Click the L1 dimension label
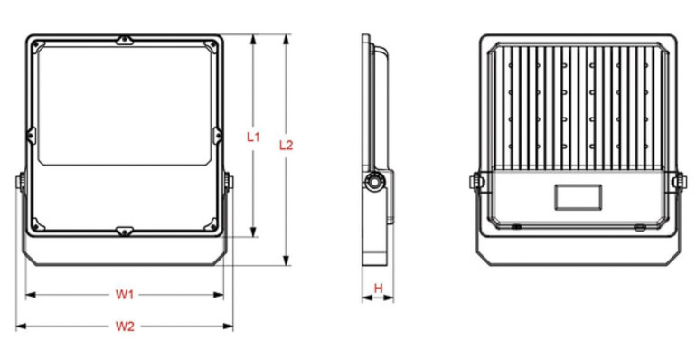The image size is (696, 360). [x=253, y=137]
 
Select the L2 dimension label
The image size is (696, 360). [x=286, y=145]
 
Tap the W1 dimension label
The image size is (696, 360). [x=125, y=294]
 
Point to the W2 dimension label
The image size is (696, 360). [x=125, y=327]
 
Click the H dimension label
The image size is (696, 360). [x=378, y=289]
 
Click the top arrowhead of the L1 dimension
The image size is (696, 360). [x=253, y=39]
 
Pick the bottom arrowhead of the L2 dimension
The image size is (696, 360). [x=287, y=261]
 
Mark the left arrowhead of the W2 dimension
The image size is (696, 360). [x=21, y=327]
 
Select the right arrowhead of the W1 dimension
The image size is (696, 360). [x=219, y=294]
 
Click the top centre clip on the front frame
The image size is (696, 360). [x=125, y=41]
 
